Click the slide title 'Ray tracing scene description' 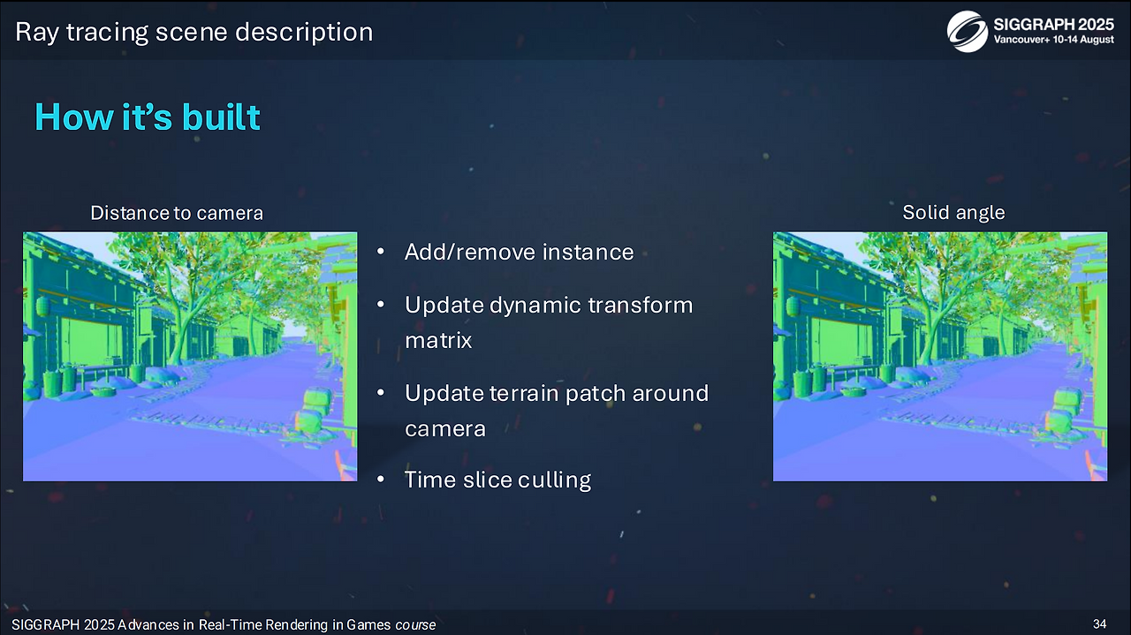tap(194, 33)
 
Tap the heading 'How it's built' tap(148, 117)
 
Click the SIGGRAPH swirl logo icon tap(967, 31)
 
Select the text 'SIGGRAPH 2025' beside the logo tap(1054, 24)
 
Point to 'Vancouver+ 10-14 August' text tap(1054, 40)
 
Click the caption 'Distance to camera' tap(177, 213)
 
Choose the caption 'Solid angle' tap(953, 213)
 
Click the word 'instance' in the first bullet tap(588, 252)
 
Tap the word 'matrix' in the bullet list tap(438, 340)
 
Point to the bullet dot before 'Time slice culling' tap(381, 479)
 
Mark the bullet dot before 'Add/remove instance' tap(381, 251)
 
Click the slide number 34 tap(1100, 624)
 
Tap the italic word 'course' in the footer tap(415, 625)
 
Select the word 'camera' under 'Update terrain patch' tap(445, 429)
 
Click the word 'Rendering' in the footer tap(298, 625)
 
